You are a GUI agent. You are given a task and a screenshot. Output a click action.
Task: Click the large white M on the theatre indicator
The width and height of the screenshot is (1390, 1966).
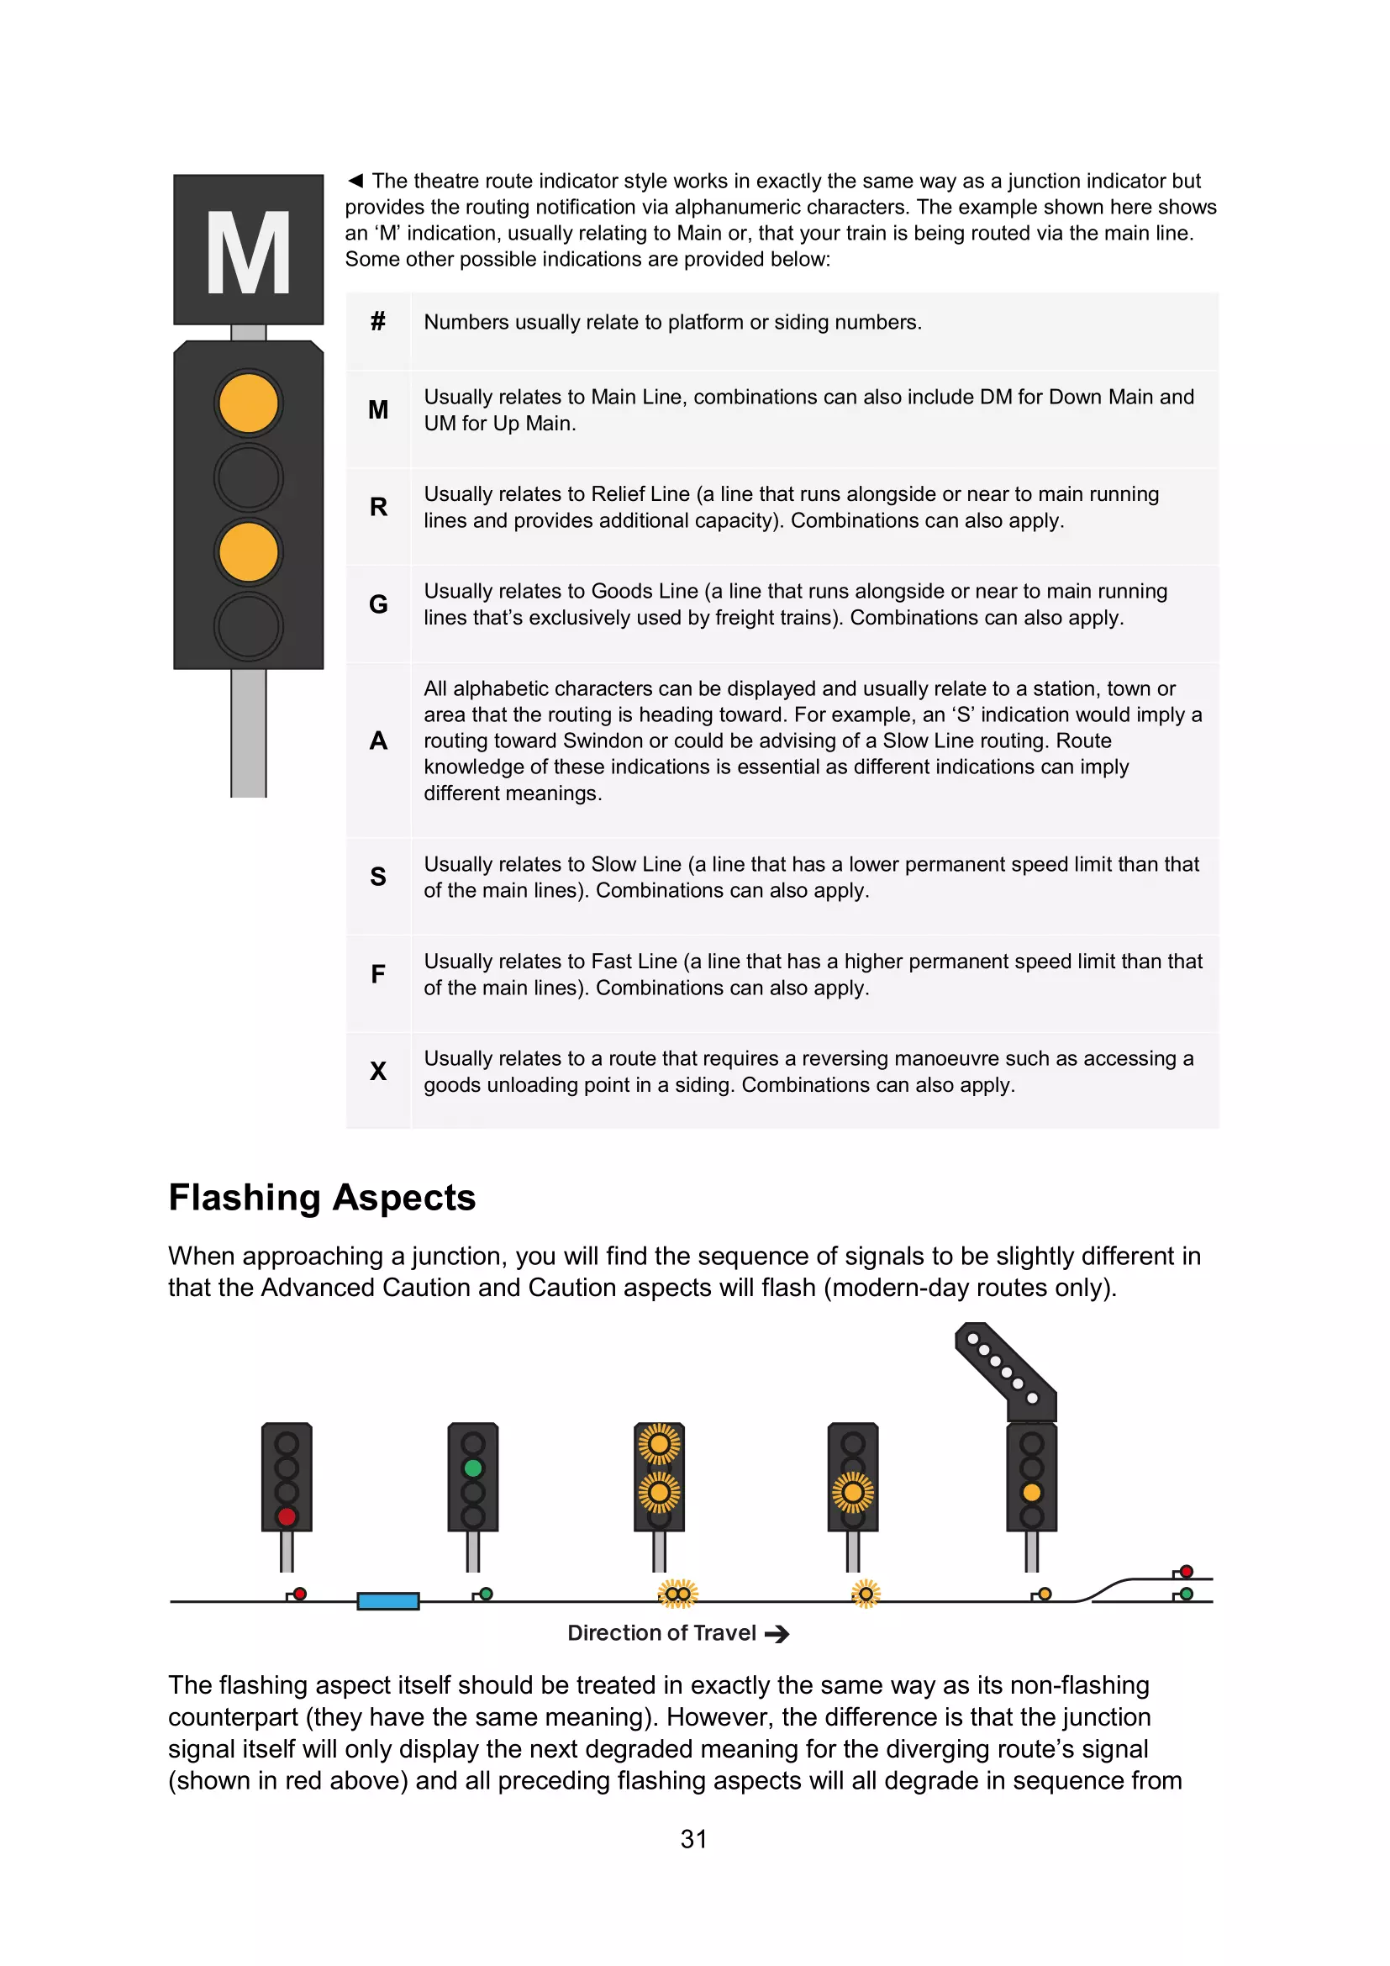point(248,253)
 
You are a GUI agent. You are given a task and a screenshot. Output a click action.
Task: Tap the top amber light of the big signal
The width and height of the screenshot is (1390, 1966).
point(248,403)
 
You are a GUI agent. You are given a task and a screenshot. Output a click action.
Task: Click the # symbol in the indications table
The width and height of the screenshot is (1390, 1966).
point(377,322)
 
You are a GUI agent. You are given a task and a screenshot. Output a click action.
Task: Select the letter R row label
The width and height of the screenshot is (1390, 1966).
point(377,507)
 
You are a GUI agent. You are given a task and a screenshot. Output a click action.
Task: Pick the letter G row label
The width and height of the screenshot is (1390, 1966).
point(377,604)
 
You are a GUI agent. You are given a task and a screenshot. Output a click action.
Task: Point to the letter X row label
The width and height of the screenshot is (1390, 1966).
point(377,1070)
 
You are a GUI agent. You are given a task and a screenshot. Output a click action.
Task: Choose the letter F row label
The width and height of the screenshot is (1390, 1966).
point(377,973)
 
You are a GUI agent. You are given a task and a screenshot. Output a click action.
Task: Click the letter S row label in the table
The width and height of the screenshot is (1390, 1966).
point(377,876)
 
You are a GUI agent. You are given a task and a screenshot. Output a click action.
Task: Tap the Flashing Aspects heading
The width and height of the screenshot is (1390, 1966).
point(322,1197)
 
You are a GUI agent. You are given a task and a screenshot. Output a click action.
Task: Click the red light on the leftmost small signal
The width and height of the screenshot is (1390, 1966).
point(287,1516)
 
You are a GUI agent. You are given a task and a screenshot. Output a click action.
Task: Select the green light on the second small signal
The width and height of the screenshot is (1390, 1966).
point(472,1468)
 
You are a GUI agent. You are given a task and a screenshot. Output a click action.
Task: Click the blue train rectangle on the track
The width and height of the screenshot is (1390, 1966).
point(387,1601)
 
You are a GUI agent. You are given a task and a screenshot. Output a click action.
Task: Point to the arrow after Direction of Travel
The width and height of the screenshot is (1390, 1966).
point(777,1635)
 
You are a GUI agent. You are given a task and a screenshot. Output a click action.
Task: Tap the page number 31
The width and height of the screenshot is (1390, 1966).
point(693,1839)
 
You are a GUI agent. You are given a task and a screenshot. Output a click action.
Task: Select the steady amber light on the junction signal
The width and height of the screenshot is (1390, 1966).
point(1031,1493)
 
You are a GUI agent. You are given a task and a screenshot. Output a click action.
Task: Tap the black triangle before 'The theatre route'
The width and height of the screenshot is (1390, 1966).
point(355,181)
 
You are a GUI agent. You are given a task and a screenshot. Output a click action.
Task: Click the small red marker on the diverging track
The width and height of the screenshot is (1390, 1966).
point(1187,1572)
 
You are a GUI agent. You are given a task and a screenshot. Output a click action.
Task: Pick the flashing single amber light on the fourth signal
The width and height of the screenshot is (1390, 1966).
point(852,1494)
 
